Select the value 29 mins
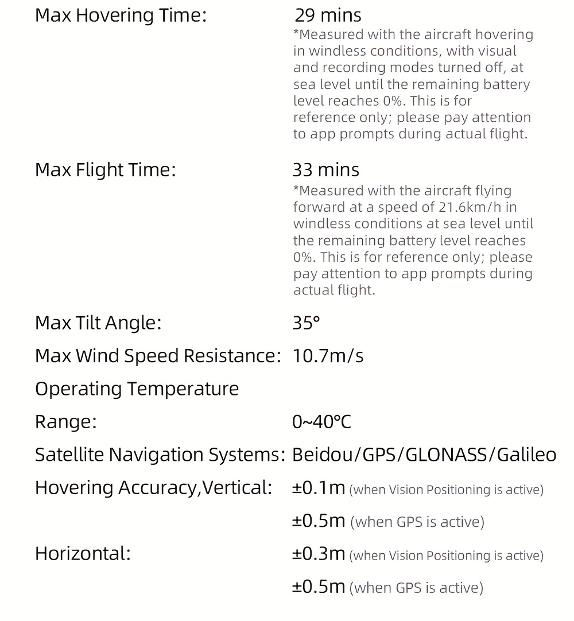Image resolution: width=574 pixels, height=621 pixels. (328, 15)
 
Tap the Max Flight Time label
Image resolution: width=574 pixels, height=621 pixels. (105, 170)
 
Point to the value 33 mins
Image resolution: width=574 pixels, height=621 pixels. (325, 170)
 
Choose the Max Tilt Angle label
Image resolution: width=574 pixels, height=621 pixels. (98, 323)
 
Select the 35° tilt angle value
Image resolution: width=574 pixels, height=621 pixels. (306, 323)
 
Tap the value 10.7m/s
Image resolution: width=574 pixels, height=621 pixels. (328, 356)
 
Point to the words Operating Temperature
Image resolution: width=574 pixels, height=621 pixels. (137, 389)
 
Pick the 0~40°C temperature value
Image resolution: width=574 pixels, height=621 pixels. (321, 422)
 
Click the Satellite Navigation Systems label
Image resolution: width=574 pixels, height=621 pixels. (160, 455)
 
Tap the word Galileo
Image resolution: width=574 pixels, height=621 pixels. (526, 455)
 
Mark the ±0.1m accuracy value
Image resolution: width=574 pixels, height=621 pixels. (319, 488)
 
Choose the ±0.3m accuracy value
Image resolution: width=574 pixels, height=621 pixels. (319, 554)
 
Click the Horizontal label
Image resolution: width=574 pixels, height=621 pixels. (83, 554)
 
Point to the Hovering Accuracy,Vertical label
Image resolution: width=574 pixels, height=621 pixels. (153, 488)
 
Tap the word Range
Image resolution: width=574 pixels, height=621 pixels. (65, 422)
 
